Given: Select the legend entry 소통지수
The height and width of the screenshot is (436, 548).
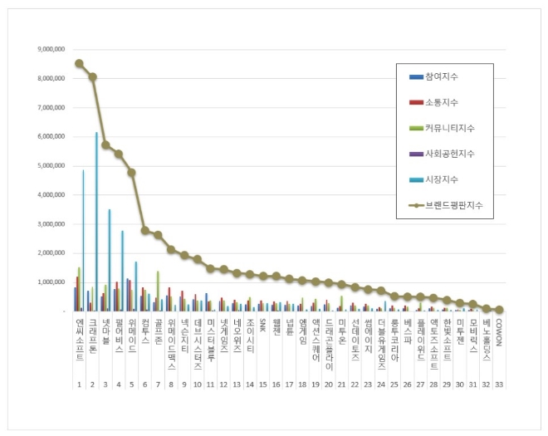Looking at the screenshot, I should pyautogui.click(x=441, y=102).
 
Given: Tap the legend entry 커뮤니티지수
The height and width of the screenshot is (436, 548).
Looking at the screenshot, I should pyautogui.click(x=446, y=128).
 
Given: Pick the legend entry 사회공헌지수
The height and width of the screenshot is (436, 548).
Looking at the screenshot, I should pyautogui.click(x=446, y=154).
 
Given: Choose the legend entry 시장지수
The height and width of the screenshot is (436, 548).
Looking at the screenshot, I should pyautogui.click(x=441, y=179).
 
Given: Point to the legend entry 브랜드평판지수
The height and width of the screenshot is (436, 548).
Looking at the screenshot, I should pyautogui.click(x=451, y=205).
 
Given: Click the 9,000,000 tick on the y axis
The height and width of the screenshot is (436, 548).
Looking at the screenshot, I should pyautogui.click(x=51, y=50).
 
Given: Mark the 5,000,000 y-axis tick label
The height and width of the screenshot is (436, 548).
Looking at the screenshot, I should pyautogui.click(x=51, y=166).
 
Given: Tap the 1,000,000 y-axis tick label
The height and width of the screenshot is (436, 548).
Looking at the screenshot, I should pyautogui.click(x=51, y=282).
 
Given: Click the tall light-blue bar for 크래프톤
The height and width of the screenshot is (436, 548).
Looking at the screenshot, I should pyautogui.click(x=96, y=224).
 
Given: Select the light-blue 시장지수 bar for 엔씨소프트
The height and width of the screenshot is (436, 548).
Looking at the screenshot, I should pyautogui.click(x=83, y=241).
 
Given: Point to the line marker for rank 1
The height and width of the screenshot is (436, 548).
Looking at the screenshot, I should pyautogui.click(x=79, y=63).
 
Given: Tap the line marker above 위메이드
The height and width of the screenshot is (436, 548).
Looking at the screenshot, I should pyautogui.click(x=131, y=172).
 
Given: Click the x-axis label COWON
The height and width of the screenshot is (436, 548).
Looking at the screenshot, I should pyautogui.click(x=498, y=331).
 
